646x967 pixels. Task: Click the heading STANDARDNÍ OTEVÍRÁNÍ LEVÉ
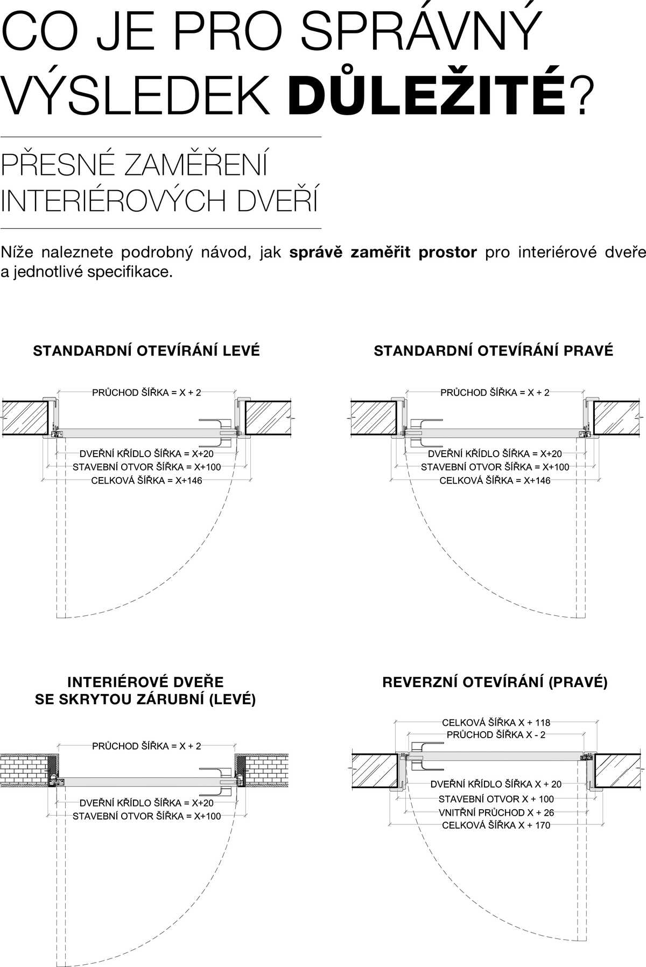(x=146, y=351)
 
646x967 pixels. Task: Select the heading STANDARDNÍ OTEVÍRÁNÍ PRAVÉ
(x=493, y=351)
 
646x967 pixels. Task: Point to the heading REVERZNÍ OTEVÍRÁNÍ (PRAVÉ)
(x=495, y=683)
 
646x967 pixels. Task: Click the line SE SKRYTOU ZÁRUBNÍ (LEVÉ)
(x=145, y=699)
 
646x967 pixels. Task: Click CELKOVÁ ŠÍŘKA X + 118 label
(x=496, y=723)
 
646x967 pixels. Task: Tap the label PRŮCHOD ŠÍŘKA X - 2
(x=496, y=735)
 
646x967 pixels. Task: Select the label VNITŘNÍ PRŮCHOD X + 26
(x=496, y=812)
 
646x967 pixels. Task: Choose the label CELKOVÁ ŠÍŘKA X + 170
(x=496, y=825)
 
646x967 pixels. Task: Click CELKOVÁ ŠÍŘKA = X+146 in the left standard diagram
(x=146, y=481)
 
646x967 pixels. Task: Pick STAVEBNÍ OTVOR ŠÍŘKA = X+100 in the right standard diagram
(x=495, y=467)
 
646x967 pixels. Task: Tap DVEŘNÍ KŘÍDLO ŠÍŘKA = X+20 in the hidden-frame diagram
(x=146, y=803)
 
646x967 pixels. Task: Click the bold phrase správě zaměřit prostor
(x=383, y=253)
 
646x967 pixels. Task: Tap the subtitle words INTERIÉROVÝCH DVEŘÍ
(x=159, y=201)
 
